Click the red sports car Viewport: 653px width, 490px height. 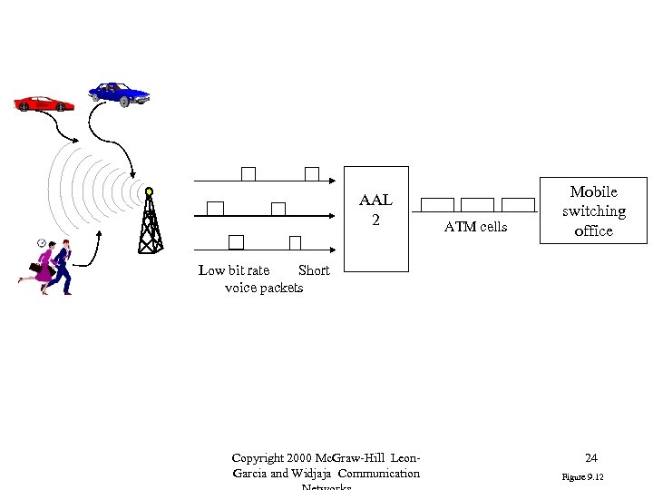44,103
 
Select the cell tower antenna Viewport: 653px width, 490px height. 149,223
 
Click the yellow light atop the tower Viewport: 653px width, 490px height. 149,191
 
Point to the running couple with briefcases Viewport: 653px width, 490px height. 51,266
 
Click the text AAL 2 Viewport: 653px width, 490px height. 375,210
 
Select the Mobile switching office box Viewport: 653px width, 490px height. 593,211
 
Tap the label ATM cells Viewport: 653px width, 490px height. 475,227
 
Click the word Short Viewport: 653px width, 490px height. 314,270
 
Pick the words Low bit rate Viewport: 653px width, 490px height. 234,270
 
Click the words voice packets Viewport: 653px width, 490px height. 264,288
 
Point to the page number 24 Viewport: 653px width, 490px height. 590,458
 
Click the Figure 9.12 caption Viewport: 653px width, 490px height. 582,476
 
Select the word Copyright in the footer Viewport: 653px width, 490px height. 259,458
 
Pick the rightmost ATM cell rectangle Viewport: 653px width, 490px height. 518,205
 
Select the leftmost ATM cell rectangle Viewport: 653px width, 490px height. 438,205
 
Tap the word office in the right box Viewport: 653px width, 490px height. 593,230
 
